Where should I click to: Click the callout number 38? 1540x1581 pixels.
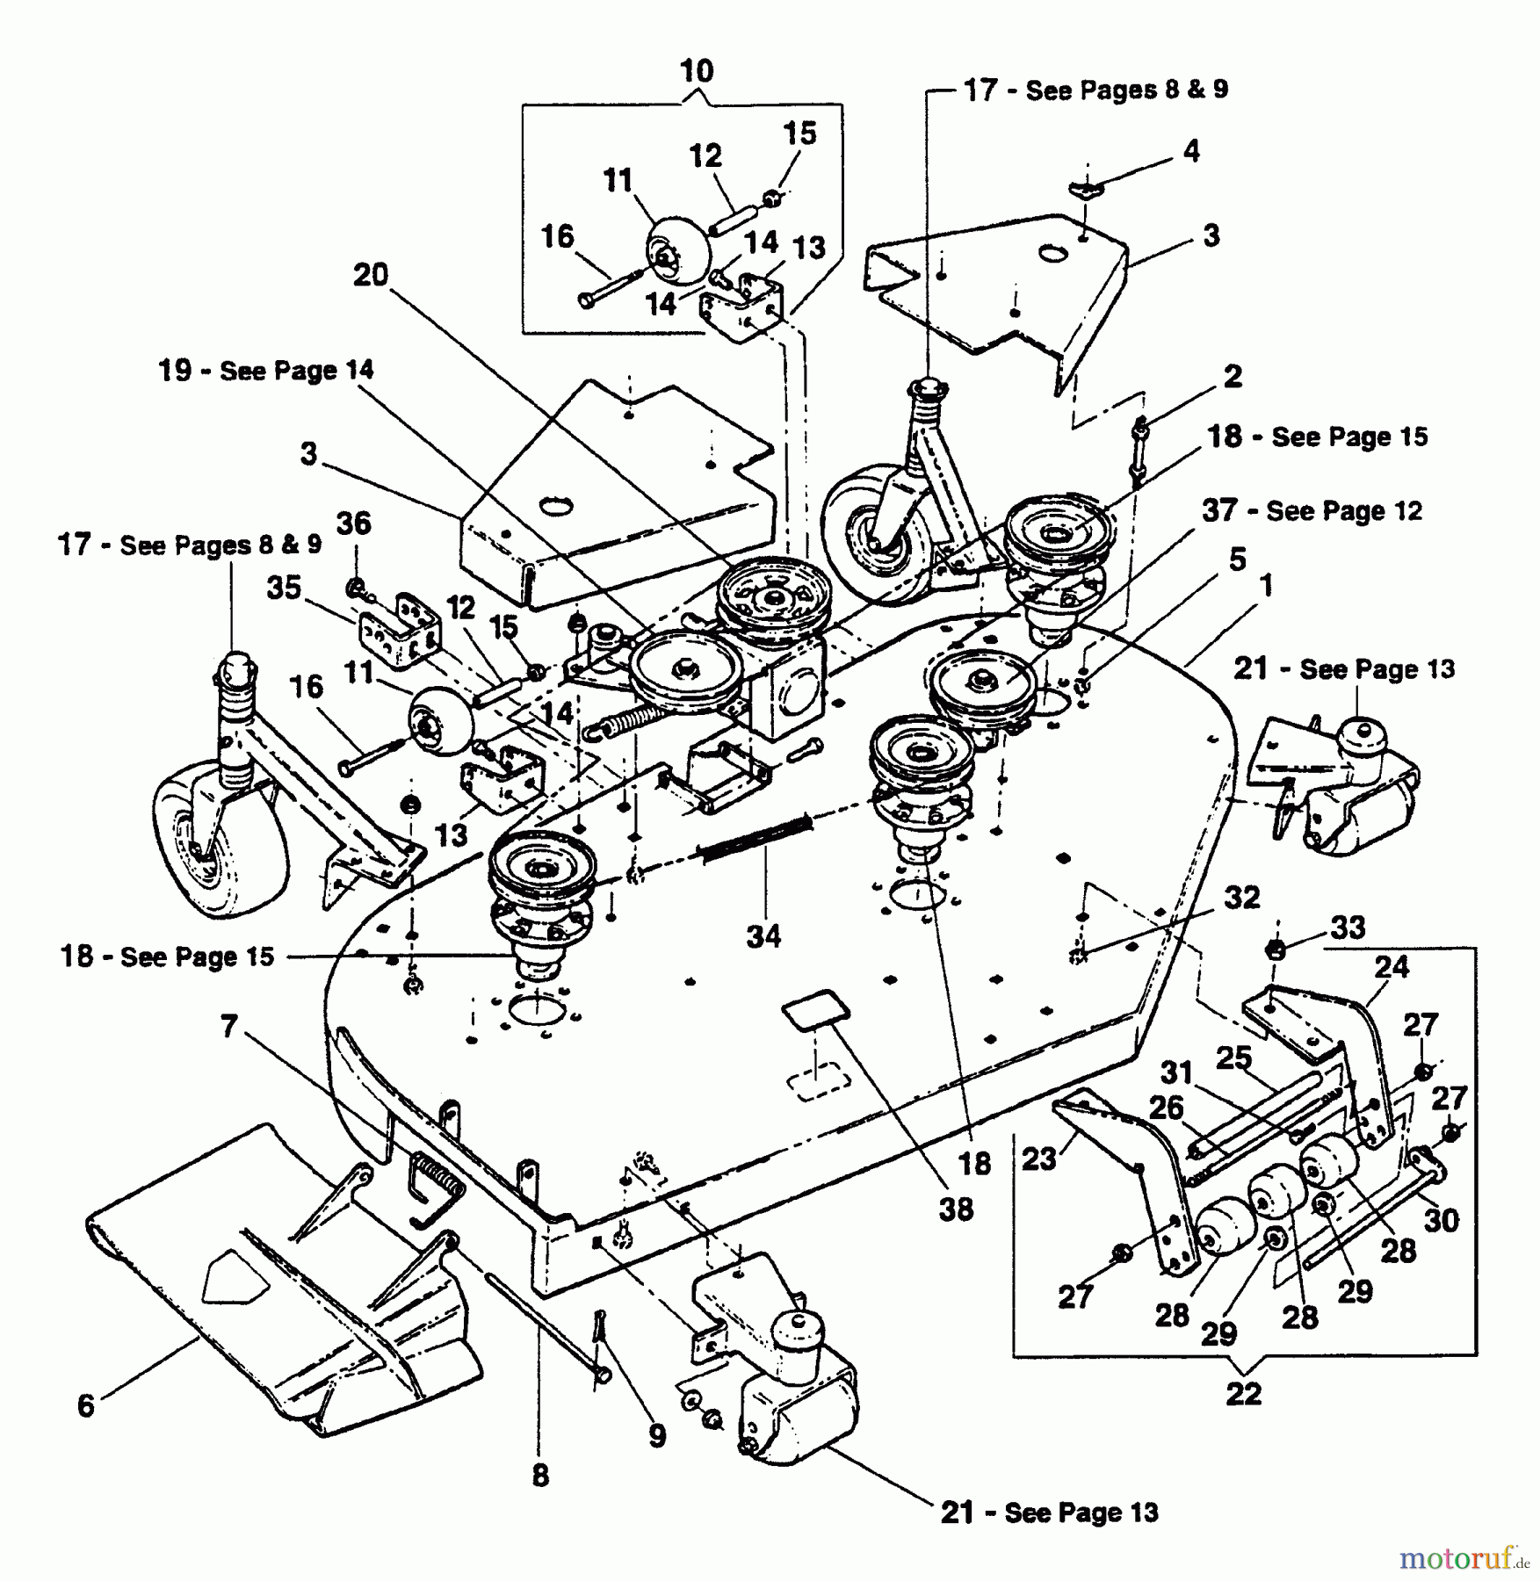(956, 1209)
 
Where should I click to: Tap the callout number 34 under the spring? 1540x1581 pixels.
(763, 935)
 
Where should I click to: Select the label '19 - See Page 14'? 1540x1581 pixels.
(266, 371)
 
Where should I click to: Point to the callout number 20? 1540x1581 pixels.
(370, 275)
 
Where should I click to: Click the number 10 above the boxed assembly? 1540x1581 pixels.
(697, 71)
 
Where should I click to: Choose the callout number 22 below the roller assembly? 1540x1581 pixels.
(1243, 1393)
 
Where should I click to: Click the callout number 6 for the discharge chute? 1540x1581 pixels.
(85, 1405)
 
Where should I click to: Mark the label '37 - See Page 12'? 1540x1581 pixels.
(1312, 510)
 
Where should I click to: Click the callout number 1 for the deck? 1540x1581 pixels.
(1265, 586)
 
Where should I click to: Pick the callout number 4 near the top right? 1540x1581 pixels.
(1190, 151)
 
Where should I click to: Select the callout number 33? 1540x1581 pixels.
(1348, 928)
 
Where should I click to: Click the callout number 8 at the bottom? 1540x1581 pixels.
(540, 1475)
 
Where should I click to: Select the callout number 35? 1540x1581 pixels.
(284, 588)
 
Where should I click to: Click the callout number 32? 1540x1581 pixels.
(1241, 897)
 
